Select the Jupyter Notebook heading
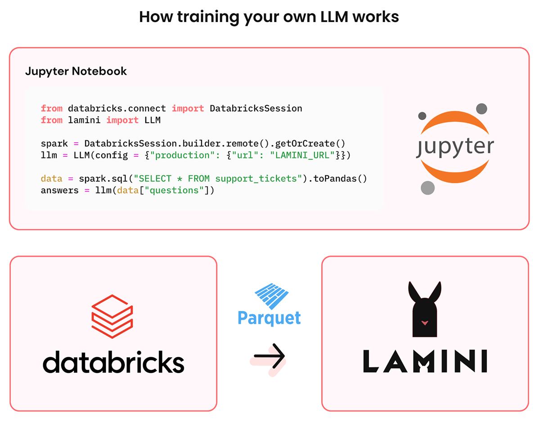click(x=76, y=71)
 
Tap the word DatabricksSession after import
click(x=256, y=109)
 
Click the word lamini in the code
click(x=85, y=120)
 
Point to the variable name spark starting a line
click(x=54, y=144)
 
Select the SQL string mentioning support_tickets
click(x=218, y=178)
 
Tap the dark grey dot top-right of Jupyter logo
click(x=481, y=108)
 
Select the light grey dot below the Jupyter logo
click(x=427, y=187)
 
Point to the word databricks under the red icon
click(x=113, y=362)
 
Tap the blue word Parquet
click(x=269, y=318)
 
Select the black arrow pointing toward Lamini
click(x=269, y=356)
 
